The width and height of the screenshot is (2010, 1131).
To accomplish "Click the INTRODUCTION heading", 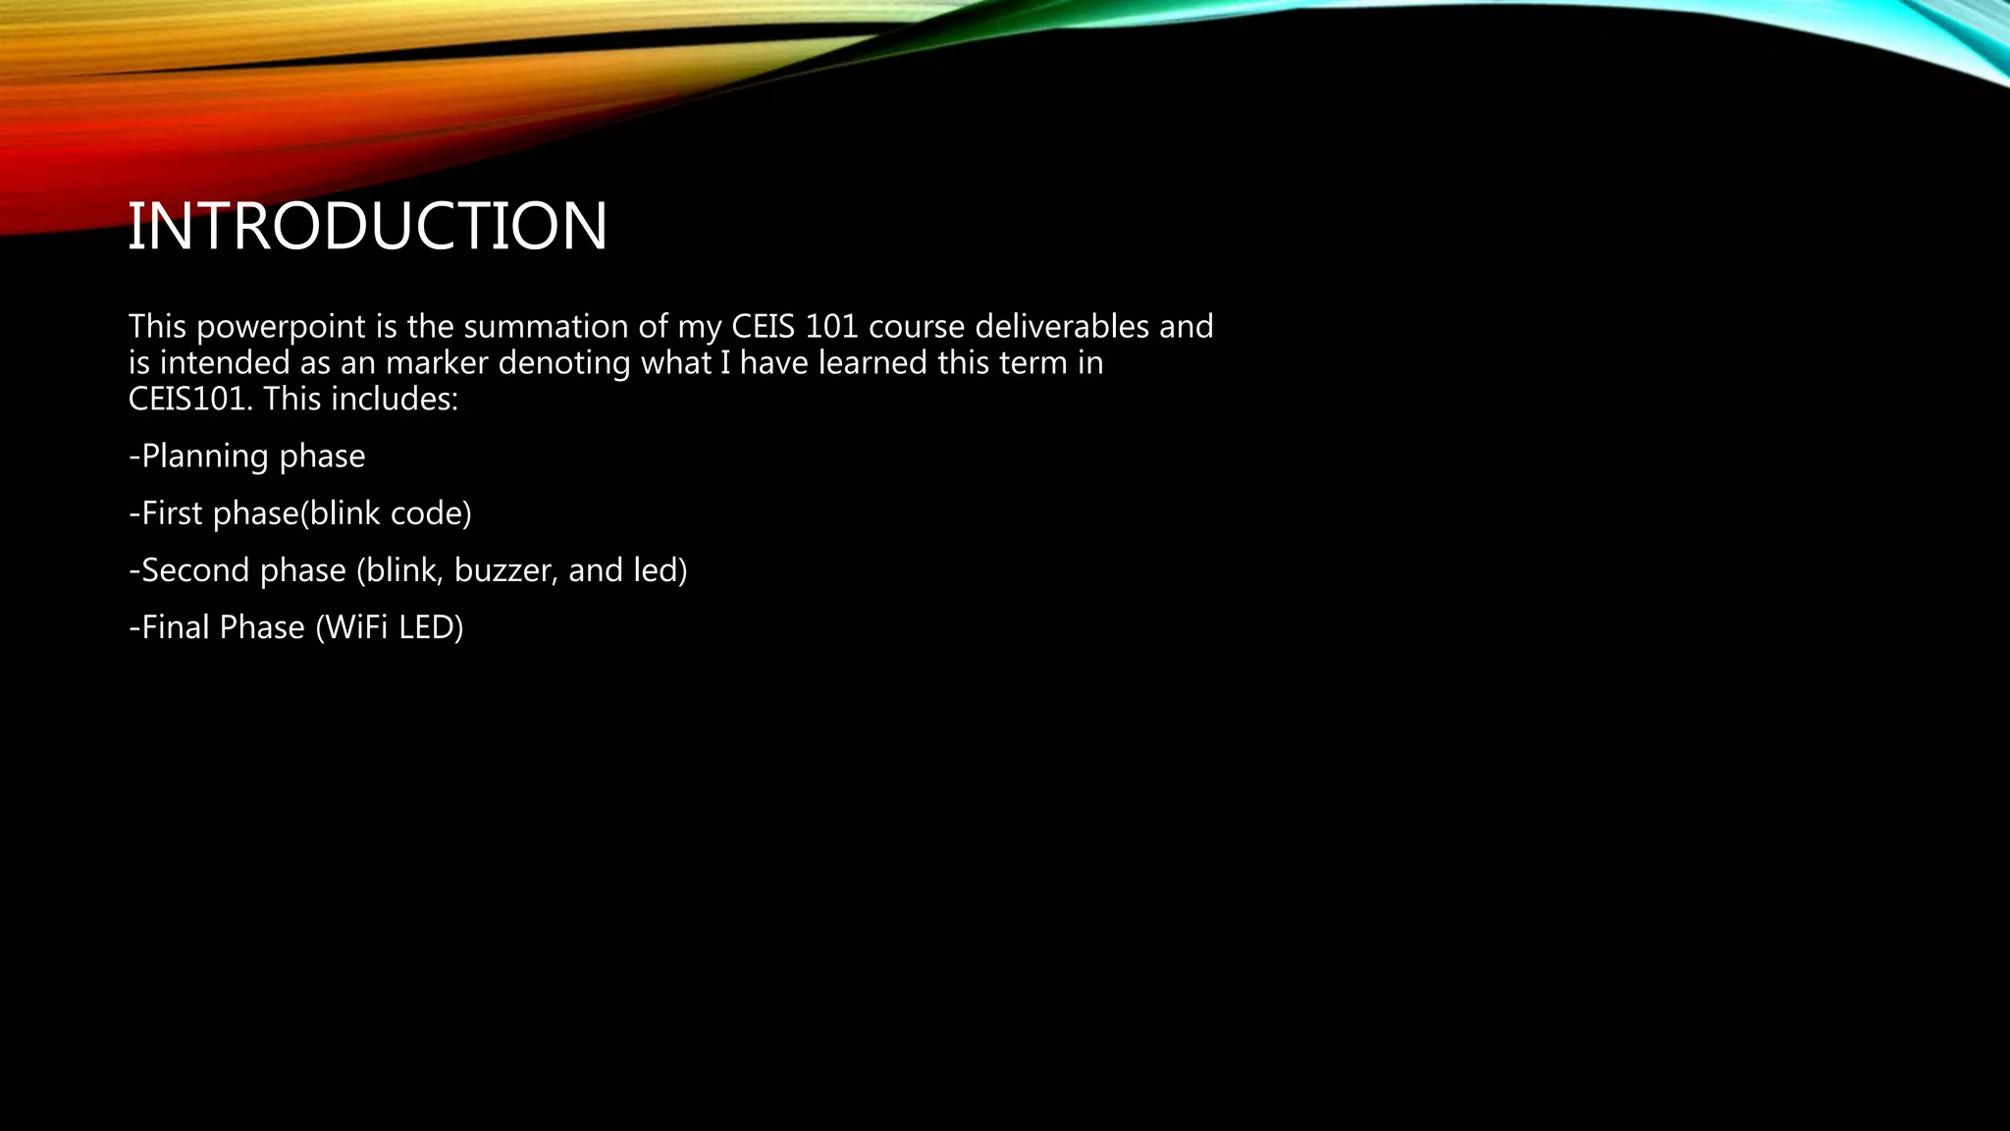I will (367, 226).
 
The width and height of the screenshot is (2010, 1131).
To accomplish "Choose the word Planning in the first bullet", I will (205, 457).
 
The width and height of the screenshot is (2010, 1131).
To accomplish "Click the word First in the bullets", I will (173, 513).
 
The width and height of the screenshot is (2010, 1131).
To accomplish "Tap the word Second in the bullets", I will (193, 570).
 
